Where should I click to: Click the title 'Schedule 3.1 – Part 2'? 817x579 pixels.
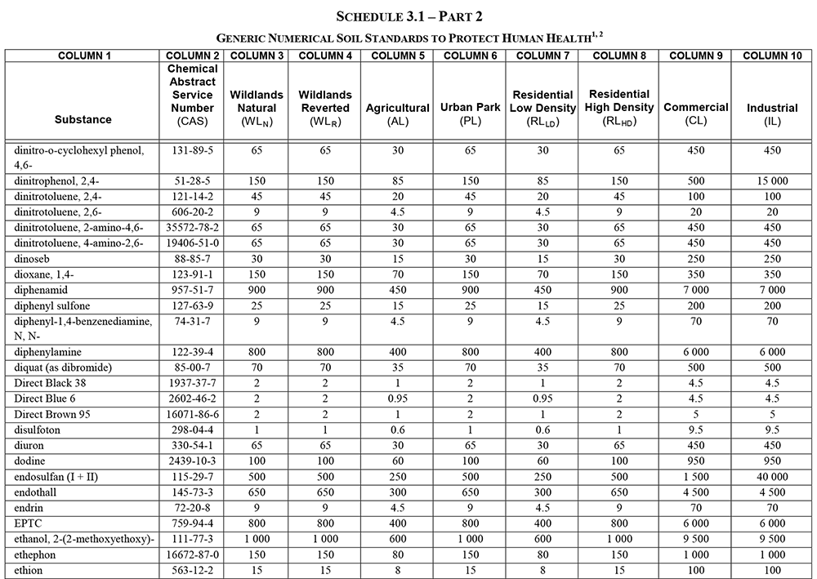[408, 16]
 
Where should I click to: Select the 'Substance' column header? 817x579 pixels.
[83, 119]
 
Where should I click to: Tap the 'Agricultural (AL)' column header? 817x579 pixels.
[398, 114]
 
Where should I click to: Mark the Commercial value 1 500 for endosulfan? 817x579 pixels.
[696, 476]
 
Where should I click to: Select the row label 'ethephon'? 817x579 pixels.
[36, 554]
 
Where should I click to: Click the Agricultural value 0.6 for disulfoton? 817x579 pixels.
[398, 430]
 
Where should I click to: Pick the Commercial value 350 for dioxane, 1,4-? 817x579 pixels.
[696, 274]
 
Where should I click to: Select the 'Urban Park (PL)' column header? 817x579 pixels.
[469, 114]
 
